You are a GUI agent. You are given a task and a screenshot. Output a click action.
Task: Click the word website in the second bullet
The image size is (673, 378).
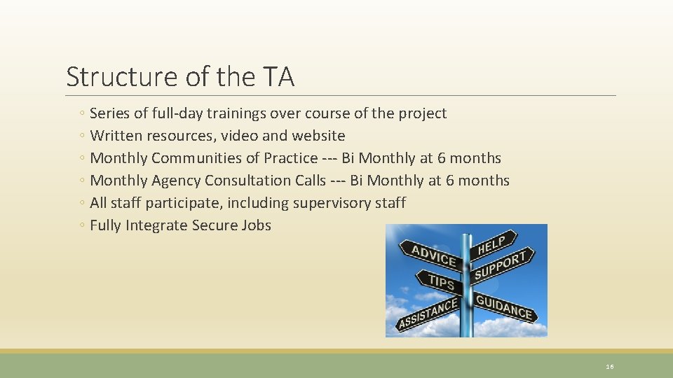pyautogui.click(x=319, y=136)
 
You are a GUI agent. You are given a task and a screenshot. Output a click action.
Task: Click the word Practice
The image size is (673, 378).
pyautogui.click(x=289, y=158)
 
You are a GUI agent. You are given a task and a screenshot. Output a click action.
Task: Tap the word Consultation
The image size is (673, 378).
pyautogui.click(x=247, y=181)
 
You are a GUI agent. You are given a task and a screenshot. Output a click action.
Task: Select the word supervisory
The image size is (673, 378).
pyautogui.click(x=329, y=203)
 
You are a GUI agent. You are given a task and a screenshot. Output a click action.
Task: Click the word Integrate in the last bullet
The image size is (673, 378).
pyautogui.click(x=158, y=225)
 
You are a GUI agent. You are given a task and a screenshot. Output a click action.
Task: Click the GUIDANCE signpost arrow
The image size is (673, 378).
pyautogui.click(x=503, y=307)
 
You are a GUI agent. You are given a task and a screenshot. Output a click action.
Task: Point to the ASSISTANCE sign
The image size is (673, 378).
pyautogui.click(x=427, y=314)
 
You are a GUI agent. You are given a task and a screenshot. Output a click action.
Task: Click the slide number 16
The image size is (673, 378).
pyautogui.click(x=609, y=366)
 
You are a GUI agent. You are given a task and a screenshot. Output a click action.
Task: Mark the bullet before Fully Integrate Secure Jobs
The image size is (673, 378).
pyautogui.click(x=83, y=225)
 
